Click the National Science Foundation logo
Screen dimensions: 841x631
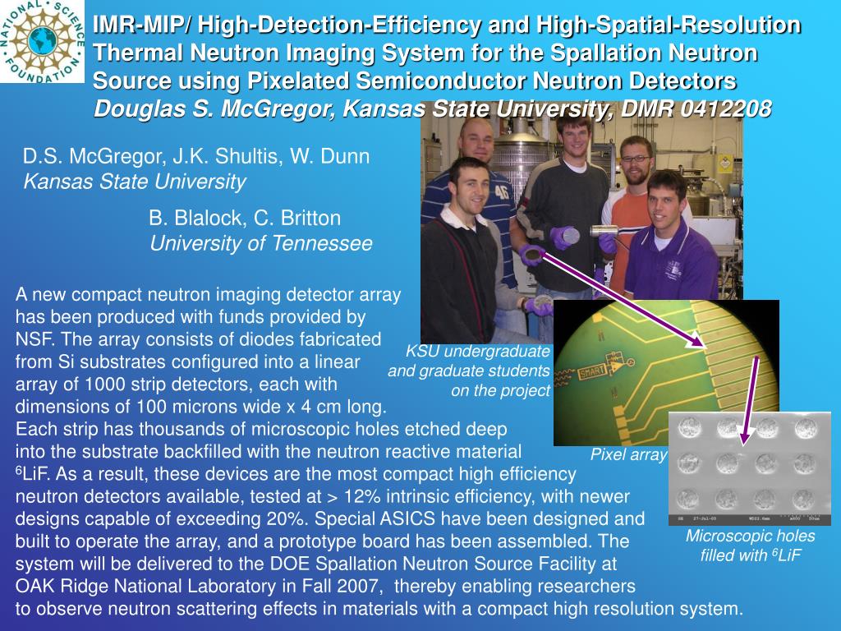(42, 41)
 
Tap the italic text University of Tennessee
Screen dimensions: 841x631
(260, 243)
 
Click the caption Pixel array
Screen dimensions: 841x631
(628, 455)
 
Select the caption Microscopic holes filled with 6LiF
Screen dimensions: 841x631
(751, 546)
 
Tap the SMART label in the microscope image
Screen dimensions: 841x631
(592, 371)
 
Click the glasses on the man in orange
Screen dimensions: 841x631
(636, 159)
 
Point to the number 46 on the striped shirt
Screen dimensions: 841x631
(501, 191)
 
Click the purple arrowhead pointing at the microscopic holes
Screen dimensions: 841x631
(743, 436)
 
